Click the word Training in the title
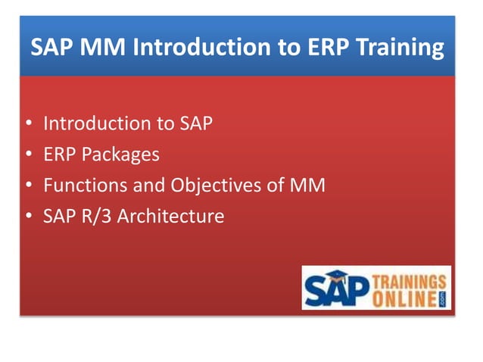402,48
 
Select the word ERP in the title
333,48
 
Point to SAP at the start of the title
52,48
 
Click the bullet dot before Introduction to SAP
28,123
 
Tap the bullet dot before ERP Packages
28,154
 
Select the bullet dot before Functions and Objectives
28,186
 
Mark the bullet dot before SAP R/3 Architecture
28,217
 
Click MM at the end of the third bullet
309,185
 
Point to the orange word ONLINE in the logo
403,296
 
